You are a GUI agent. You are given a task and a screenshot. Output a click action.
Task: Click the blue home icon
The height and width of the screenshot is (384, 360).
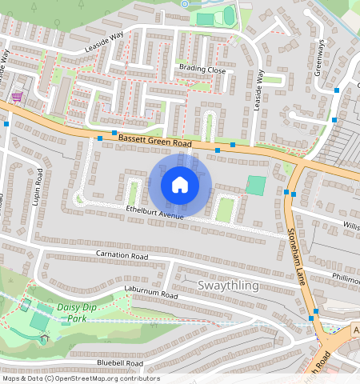[180, 185]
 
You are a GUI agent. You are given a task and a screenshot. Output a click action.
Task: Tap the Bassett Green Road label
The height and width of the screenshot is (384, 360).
[155, 142]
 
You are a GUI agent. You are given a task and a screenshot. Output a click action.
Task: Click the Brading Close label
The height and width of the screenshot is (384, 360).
[202, 70]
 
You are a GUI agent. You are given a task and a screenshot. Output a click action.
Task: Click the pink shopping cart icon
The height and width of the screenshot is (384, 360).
[17, 97]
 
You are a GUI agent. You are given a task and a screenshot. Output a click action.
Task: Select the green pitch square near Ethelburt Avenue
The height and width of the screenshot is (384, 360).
[255, 186]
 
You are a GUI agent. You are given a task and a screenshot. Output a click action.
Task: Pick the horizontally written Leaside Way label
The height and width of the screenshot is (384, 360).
[105, 49]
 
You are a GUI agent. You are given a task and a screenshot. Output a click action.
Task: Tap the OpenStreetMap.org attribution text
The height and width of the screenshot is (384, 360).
[104, 378]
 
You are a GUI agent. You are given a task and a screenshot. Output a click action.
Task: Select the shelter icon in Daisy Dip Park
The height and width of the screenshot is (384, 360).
[46, 337]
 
